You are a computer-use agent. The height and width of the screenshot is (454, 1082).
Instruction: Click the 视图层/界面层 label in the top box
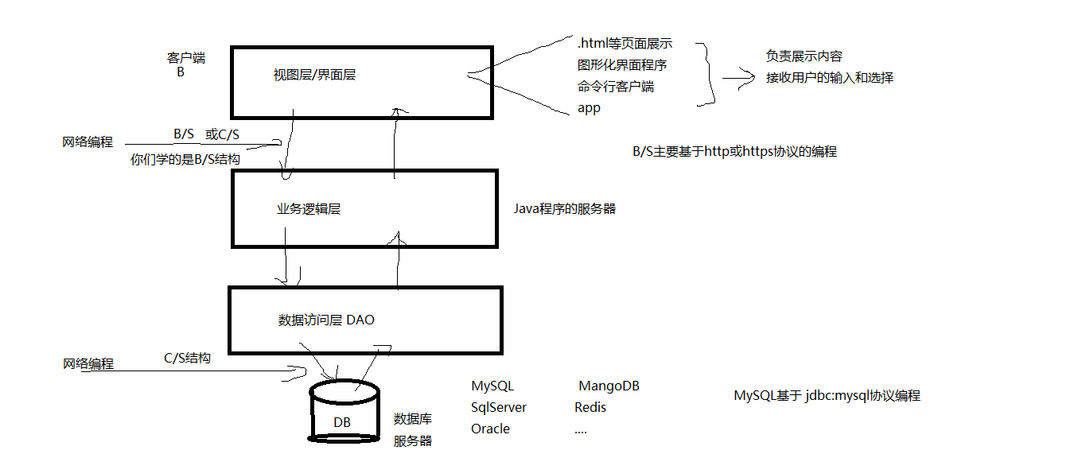[x=314, y=76]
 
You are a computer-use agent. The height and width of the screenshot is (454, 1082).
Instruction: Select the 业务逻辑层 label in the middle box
[x=309, y=209]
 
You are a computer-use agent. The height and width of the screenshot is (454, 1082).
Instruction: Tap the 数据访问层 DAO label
[x=326, y=320]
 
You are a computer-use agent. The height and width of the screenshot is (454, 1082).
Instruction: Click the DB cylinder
[x=344, y=411]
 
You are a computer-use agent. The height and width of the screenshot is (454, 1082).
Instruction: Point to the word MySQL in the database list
[x=492, y=386]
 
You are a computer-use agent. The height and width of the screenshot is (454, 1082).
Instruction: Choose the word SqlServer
[x=499, y=408]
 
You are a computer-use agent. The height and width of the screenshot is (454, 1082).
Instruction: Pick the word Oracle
[x=490, y=429]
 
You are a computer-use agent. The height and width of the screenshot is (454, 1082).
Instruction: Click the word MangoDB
[x=609, y=386]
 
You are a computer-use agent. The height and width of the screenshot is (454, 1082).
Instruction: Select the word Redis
[x=590, y=408]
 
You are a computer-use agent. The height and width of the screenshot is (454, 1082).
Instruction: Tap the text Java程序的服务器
[x=565, y=209]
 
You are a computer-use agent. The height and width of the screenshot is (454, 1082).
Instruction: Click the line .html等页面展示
[x=625, y=44]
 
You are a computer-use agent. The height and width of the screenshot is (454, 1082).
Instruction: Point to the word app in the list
[x=589, y=108]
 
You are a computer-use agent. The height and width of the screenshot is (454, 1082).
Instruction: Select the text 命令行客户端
[x=616, y=87]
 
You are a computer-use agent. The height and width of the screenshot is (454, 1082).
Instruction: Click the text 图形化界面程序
[x=622, y=65]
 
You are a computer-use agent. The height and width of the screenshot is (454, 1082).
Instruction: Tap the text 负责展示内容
[x=804, y=56]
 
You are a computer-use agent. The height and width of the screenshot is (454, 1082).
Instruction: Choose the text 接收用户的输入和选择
[x=830, y=78]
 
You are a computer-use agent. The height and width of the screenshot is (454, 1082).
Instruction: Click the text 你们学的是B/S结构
[x=185, y=159]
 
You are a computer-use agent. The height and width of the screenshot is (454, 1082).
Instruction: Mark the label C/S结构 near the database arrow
[x=187, y=359]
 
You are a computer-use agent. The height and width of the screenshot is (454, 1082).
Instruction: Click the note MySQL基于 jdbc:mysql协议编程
[x=827, y=396]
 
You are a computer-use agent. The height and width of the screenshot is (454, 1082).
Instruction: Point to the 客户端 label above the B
[x=186, y=58]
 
